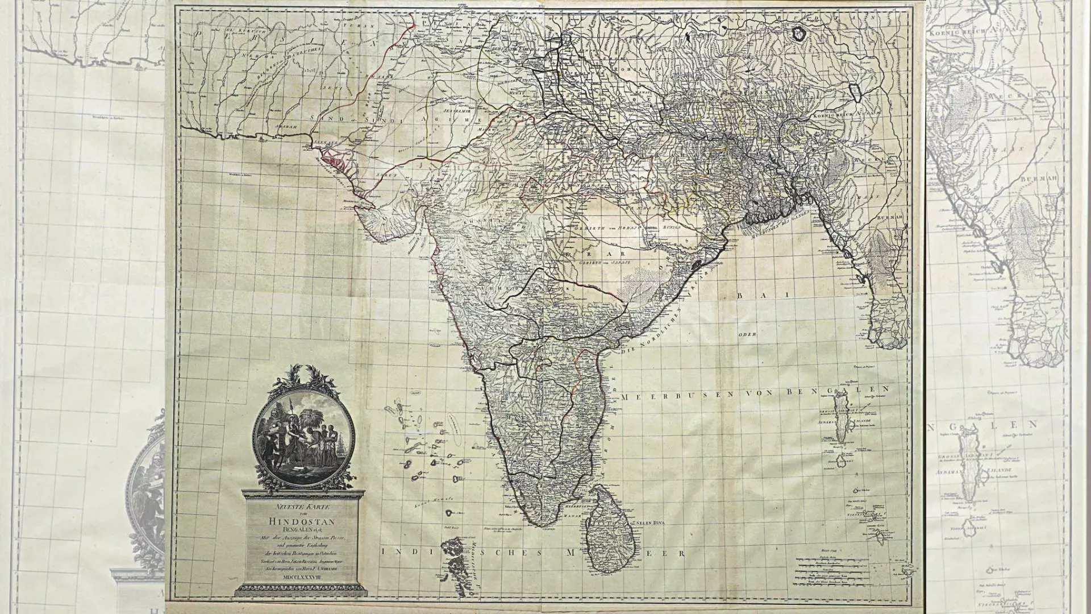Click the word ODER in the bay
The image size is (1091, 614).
click(x=747, y=334)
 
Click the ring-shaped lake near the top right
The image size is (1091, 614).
click(x=799, y=34)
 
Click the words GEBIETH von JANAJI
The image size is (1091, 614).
click(x=604, y=264)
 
